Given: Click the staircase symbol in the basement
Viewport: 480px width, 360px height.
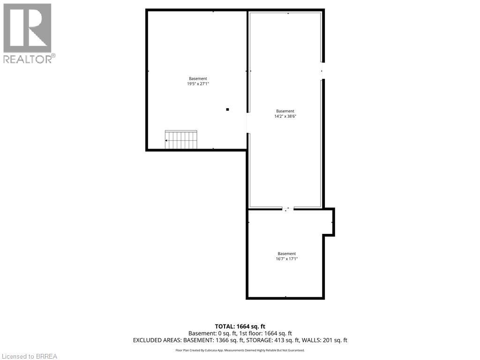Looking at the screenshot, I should coord(181,140).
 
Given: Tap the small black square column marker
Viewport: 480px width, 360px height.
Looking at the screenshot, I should coord(227,110).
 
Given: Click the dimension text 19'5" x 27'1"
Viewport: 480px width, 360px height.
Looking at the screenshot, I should coord(198,84).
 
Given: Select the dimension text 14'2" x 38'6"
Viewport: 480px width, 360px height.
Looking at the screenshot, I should coord(285,117).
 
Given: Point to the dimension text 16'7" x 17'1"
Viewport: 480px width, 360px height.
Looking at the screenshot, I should coord(286,259).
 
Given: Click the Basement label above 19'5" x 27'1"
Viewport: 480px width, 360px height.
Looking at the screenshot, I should coord(198,78).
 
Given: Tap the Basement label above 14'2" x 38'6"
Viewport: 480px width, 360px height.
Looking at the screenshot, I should coord(285,111).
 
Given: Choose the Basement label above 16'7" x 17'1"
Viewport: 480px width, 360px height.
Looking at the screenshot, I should coord(286,254).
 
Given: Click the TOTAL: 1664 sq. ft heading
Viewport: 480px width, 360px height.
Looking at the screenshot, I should coord(240,326).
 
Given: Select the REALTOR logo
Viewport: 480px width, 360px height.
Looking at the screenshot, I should coord(28,33).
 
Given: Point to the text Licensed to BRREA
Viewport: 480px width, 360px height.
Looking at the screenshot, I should coord(29,356).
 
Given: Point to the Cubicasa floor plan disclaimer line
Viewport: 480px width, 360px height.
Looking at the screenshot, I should coord(240,350).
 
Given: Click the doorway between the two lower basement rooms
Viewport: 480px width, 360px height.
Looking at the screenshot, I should coord(288,209).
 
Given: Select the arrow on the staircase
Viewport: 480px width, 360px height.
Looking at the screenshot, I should coord(166,140).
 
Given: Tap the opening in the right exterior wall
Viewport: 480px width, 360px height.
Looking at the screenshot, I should coord(322,71).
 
